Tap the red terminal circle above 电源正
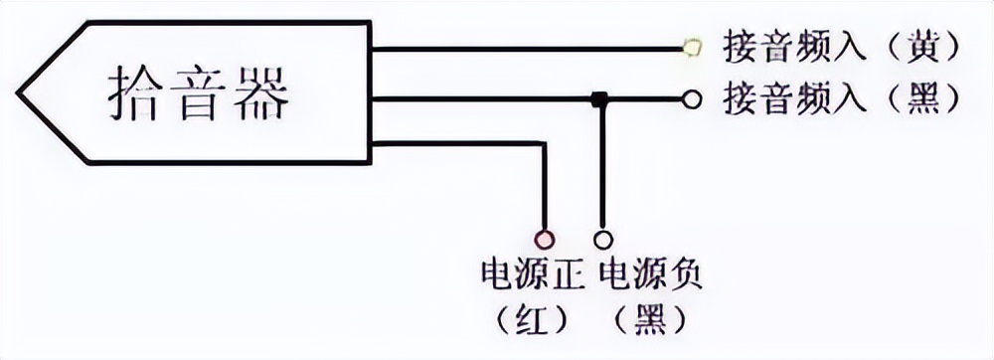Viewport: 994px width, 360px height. point(544,239)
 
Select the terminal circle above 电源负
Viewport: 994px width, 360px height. point(601,239)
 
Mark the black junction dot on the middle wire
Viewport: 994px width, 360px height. point(599,98)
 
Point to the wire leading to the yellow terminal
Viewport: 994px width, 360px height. point(527,47)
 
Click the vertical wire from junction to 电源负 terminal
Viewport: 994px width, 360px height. point(600,169)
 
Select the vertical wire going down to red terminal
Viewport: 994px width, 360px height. point(544,189)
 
